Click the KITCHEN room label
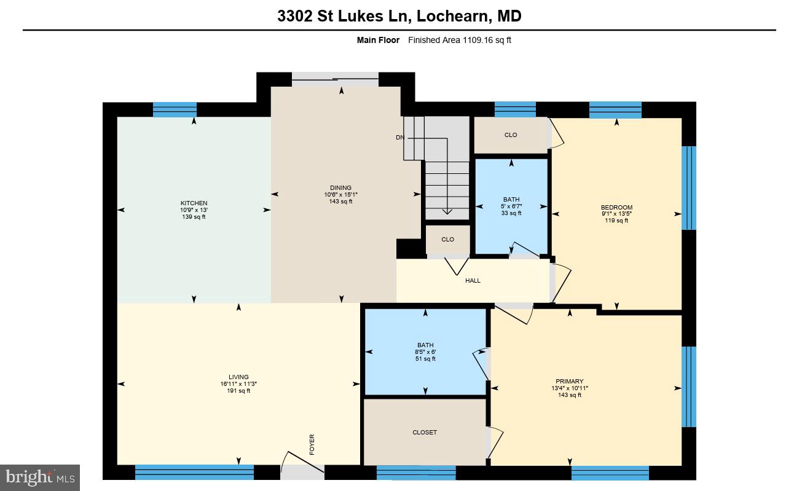(x=194, y=203)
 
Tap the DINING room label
(x=340, y=188)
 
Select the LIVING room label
(x=238, y=377)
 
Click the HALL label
(x=473, y=280)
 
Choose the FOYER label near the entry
(x=312, y=444)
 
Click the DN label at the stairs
(x=399, y=138)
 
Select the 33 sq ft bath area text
(x=511, y=213)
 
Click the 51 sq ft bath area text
(x=425, y=359)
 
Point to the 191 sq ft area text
(x=238, y=391)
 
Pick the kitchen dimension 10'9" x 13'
(x=194, y=210)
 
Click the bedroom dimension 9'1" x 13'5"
(x=616, y=214)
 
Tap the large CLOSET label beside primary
(x=425, y=432)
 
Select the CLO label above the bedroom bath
(x=511, y=135)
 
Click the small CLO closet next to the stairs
(x=448, y=239)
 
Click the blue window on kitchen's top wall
(x=175, y=109)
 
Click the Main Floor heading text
(x=378, y=41)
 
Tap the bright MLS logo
(x=40, y=477)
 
